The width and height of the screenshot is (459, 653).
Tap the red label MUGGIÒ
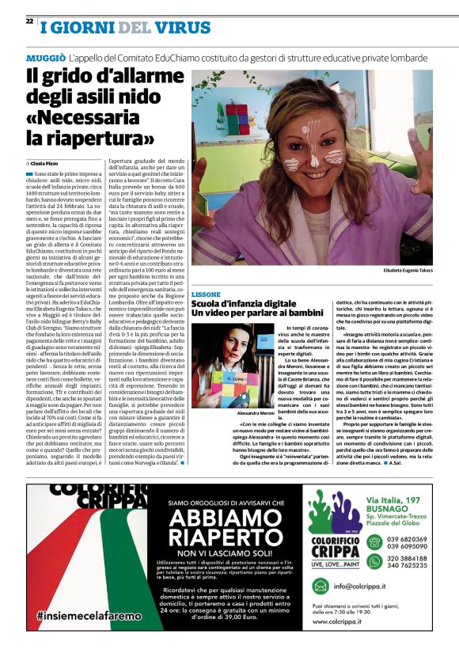[x=45, y=59]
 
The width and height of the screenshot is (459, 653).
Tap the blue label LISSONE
[x=206, y=294]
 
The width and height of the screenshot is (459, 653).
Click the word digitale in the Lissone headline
[x=286, y=304]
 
